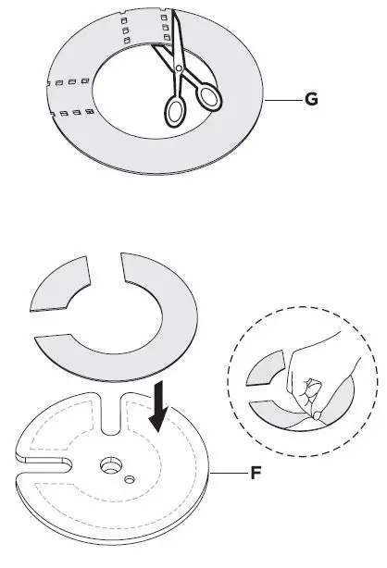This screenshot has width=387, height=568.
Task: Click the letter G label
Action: pyautogui.click(x=311, y=98)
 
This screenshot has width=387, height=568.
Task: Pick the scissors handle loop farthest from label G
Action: pyautogui.click(x=175, y=110)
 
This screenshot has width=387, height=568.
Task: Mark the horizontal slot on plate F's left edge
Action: pyautogui.click(x=42, y=459)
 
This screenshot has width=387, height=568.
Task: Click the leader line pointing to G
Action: pyautogui.click(x=282, y=98)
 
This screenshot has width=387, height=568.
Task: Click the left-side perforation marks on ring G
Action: pyautogui.click(x=66, y=97)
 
